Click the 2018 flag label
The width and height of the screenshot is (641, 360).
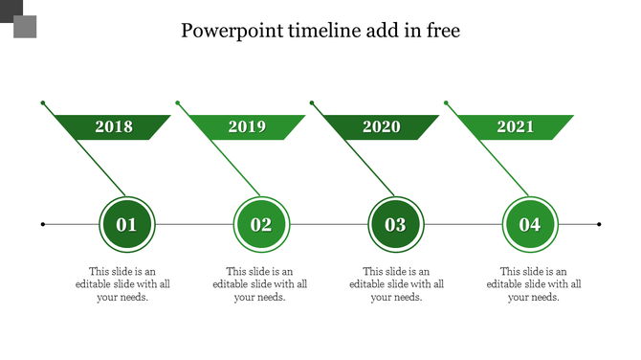point(114,127)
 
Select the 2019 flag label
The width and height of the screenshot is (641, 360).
point(247,127)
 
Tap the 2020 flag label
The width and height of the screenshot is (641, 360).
point(382,127)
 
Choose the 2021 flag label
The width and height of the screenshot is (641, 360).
point(516,127)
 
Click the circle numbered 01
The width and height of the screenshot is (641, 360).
point(126,225)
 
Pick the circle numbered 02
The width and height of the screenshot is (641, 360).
point(261,225)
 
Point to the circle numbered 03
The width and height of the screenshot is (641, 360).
point(395,225)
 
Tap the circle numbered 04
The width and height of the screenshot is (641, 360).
point(530,225)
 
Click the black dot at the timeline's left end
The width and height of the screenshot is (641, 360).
point(43,225)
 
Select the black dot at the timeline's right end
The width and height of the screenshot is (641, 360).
point(599,225)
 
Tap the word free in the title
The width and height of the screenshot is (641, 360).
point(442,32)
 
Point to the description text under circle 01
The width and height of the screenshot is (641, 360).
point(123,284)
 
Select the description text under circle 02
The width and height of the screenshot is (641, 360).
point(260,284)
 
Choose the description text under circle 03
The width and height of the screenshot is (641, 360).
point(397,284)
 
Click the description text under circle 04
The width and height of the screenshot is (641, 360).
point(534,284)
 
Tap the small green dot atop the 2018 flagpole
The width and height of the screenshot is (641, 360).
point(42,102)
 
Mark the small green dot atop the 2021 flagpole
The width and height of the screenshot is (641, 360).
point(445,102)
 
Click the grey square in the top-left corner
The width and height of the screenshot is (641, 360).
point(25,27)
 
